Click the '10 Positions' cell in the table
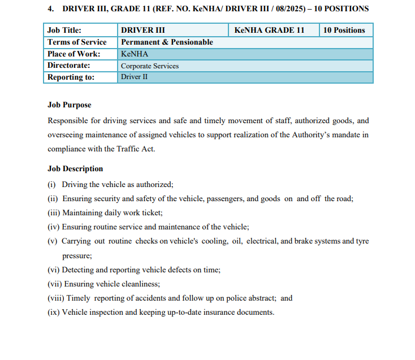click(x=344, y=30)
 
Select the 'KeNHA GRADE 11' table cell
click(x=273, y=30)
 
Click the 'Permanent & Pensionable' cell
click(x=167, y=42)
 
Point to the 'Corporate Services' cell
click(x=150, y=66)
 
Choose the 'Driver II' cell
click(x=134, y=77)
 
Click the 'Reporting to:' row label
click(x=71, y=77)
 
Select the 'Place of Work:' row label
click(x=74, y=54)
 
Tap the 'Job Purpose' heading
click(x=69, y=105)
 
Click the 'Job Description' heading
click(x=75, y=168)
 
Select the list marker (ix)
click(x=53, y=312)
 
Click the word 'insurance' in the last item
click(x=214, y=312)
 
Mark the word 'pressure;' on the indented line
click(x=77, y=255)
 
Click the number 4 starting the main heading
click(x=50, y=9)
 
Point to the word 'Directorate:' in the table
click(x=69, y=66)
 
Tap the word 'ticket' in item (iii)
click(x=151, y=212)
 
